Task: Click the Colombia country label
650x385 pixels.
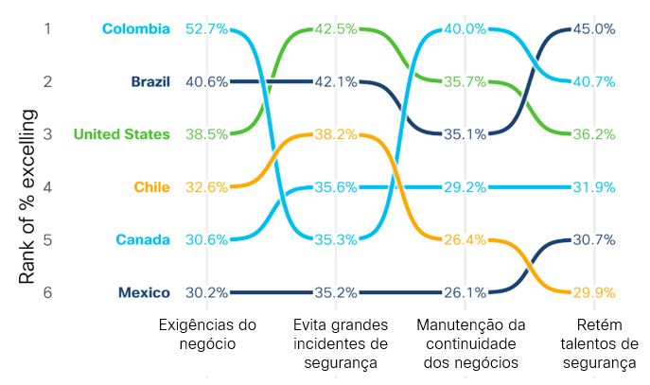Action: [x=135, y=28]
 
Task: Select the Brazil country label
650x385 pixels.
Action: [x=150, y=81]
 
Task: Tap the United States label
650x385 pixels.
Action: [x=122, y=134]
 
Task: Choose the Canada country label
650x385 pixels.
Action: [x=143, y=239]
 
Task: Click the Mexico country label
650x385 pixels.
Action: [x=144, y=292]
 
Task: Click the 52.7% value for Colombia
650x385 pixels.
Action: [x=207, y=28]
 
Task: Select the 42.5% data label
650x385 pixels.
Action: [x=336, y=28]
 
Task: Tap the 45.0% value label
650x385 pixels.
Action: [x=594, y=28]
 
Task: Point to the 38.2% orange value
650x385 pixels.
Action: [x=336, y=134]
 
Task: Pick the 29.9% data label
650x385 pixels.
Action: [x=594, y=292]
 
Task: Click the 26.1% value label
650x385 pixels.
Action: [x=465, y=292]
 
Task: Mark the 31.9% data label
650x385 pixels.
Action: [x=594, y=187]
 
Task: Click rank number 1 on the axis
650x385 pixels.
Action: [x=46, y=28]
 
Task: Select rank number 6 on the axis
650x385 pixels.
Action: [x=46, y=292]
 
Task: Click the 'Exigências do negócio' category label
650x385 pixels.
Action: [x=207, y=334]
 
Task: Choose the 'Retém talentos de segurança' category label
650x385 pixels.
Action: [x=594, y=343]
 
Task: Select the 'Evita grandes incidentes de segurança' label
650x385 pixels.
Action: [x=336, y=343]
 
